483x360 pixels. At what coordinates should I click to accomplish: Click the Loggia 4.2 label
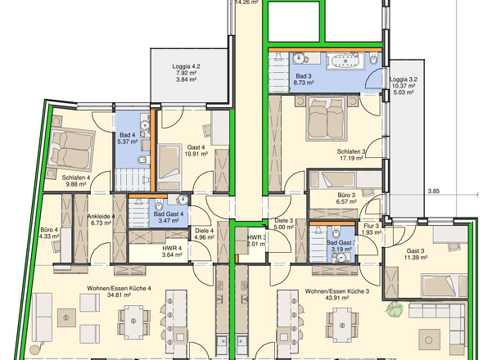pos(184,66)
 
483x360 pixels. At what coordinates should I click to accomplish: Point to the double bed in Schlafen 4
pos(72,150)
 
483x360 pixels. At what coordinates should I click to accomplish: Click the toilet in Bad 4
pos(143,160)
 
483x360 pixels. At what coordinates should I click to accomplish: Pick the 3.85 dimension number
pos(433,191)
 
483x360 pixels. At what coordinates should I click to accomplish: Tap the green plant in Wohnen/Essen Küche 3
pos(395,308)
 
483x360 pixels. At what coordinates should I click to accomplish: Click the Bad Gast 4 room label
pos(169,214)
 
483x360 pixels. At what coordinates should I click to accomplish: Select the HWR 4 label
pos(172,248)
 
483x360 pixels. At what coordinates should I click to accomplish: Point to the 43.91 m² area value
pos(336,298)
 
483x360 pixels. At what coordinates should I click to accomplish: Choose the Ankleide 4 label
pos(101,216)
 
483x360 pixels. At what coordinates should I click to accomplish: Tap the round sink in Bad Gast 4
pos(183,199)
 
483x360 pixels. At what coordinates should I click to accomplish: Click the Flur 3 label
pos(371,227)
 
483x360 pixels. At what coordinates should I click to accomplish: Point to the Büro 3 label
pos(346,195)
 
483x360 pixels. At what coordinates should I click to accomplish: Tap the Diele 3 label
pos(284,220)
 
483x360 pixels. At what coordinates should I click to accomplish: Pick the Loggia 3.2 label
pos(404,79)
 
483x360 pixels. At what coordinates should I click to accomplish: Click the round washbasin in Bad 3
pos(299,58)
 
